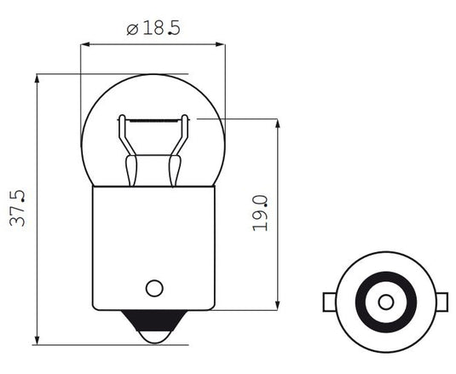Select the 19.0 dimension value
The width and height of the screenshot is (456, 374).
pos(261,213)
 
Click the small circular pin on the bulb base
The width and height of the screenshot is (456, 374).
pos(154,287)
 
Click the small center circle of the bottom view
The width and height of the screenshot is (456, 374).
pos(385,302)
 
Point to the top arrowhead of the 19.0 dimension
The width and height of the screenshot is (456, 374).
pos(279,124)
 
